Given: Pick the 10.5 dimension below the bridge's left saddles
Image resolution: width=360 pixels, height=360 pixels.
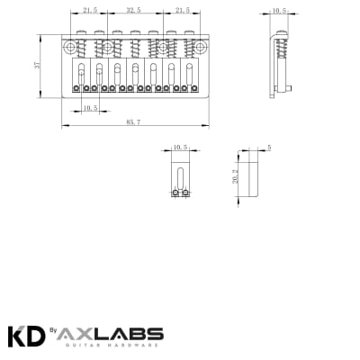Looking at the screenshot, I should coord(89,108).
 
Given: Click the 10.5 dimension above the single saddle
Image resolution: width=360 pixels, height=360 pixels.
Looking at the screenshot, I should coord(178,146).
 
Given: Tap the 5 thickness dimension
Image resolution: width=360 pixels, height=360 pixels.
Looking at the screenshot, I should coord(269,146).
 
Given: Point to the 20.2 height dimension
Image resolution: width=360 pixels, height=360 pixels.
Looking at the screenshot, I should coord(236,178).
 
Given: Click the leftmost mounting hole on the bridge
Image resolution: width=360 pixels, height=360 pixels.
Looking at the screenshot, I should coord(69,46).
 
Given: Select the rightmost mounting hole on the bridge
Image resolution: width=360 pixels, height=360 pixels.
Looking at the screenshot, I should coord(199,46).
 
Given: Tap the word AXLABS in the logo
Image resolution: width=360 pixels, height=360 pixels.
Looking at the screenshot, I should coord(112,332).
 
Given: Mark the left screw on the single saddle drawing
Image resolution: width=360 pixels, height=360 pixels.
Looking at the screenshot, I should coord(175,192).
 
